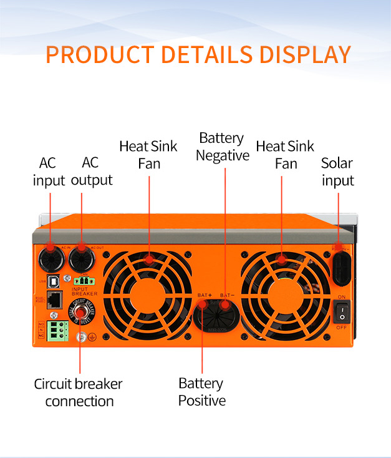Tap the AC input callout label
click(48, 172)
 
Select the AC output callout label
click(91, 172)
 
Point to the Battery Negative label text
click(222, 147)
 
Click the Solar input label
click(337, 172)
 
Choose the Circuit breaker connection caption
click(79, 392)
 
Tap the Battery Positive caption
click(201, 391)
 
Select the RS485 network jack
click(55, 299)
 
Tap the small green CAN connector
click(81, 281)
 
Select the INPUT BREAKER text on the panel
click(85, 291)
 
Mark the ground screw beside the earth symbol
click(80, 338)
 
